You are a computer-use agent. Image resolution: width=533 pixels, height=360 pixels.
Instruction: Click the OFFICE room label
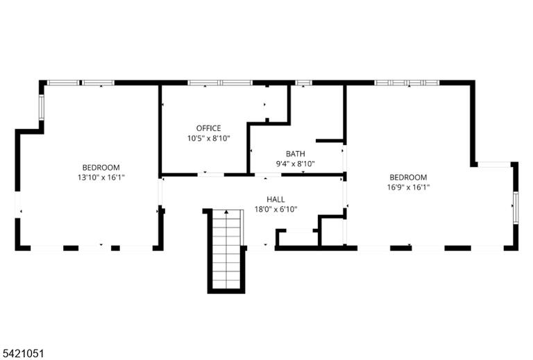tap(208, 128)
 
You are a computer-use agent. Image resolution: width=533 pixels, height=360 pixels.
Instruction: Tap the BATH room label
tap(296, 154)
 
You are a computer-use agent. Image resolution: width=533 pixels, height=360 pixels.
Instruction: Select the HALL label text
tap(276, 199)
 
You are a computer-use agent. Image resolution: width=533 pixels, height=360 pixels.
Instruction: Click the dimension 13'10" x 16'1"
tap(101, 178)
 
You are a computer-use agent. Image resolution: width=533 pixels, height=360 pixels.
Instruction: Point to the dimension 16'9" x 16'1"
tap(408, 187)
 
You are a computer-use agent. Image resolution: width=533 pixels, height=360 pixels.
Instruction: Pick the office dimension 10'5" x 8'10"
tap(209, 138)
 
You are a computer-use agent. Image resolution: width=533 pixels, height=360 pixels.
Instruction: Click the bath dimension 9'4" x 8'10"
tap(296, 164)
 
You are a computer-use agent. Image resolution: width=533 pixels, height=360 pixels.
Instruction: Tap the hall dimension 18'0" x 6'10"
tap(276, 209)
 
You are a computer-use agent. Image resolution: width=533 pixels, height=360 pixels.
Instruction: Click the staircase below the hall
tap(226, 251)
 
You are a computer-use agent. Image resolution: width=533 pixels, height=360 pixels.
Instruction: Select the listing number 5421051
tap(22, 354)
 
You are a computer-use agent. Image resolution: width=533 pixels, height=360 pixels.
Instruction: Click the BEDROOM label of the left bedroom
tap(101, 167)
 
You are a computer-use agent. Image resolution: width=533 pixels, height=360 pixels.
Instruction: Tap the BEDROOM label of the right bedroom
tap(408, 178)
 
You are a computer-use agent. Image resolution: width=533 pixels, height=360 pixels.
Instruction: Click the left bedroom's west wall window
tap(41, 107)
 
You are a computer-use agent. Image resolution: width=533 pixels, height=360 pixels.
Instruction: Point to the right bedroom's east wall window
tap(516, 207)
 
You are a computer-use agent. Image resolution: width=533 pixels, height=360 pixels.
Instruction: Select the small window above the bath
tap(303, 83)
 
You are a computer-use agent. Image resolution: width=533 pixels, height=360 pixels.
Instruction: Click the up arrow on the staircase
tap(226, 212)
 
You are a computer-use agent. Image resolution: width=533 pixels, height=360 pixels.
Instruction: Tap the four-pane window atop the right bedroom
tap(407, 83)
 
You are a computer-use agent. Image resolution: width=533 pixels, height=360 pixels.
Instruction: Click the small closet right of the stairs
tap(298, 238)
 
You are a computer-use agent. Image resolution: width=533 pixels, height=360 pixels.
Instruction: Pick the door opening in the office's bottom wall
tap(211, 175)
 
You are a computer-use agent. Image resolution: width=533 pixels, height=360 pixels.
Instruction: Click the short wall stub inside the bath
tap(330, 141)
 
